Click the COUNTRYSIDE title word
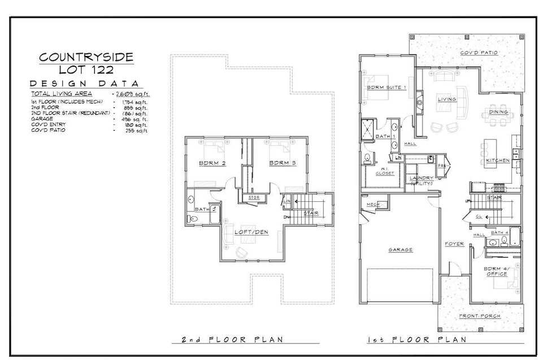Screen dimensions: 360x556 [x=86, y=57]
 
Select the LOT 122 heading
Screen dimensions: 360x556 [x=86, y=70]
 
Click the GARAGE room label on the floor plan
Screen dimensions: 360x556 [x=399, y=249]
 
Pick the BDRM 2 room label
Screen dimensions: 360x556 [x=212, y=163]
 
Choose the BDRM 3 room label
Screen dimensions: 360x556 [x=283, y=163]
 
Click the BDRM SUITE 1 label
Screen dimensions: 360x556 [x=386, y=88]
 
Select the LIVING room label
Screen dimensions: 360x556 [x=446, y=99]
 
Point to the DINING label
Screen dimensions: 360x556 [x=498, y=112]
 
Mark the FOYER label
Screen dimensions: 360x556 [x=454, y=244]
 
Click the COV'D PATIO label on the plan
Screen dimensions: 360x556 [x=479, y=53]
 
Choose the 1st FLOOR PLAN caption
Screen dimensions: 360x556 [x=417, y=340]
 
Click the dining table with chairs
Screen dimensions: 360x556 [x=498, y=111]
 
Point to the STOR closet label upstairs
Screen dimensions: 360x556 [x=254, y=197]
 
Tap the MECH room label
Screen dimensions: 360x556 [x=372, y=204]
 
